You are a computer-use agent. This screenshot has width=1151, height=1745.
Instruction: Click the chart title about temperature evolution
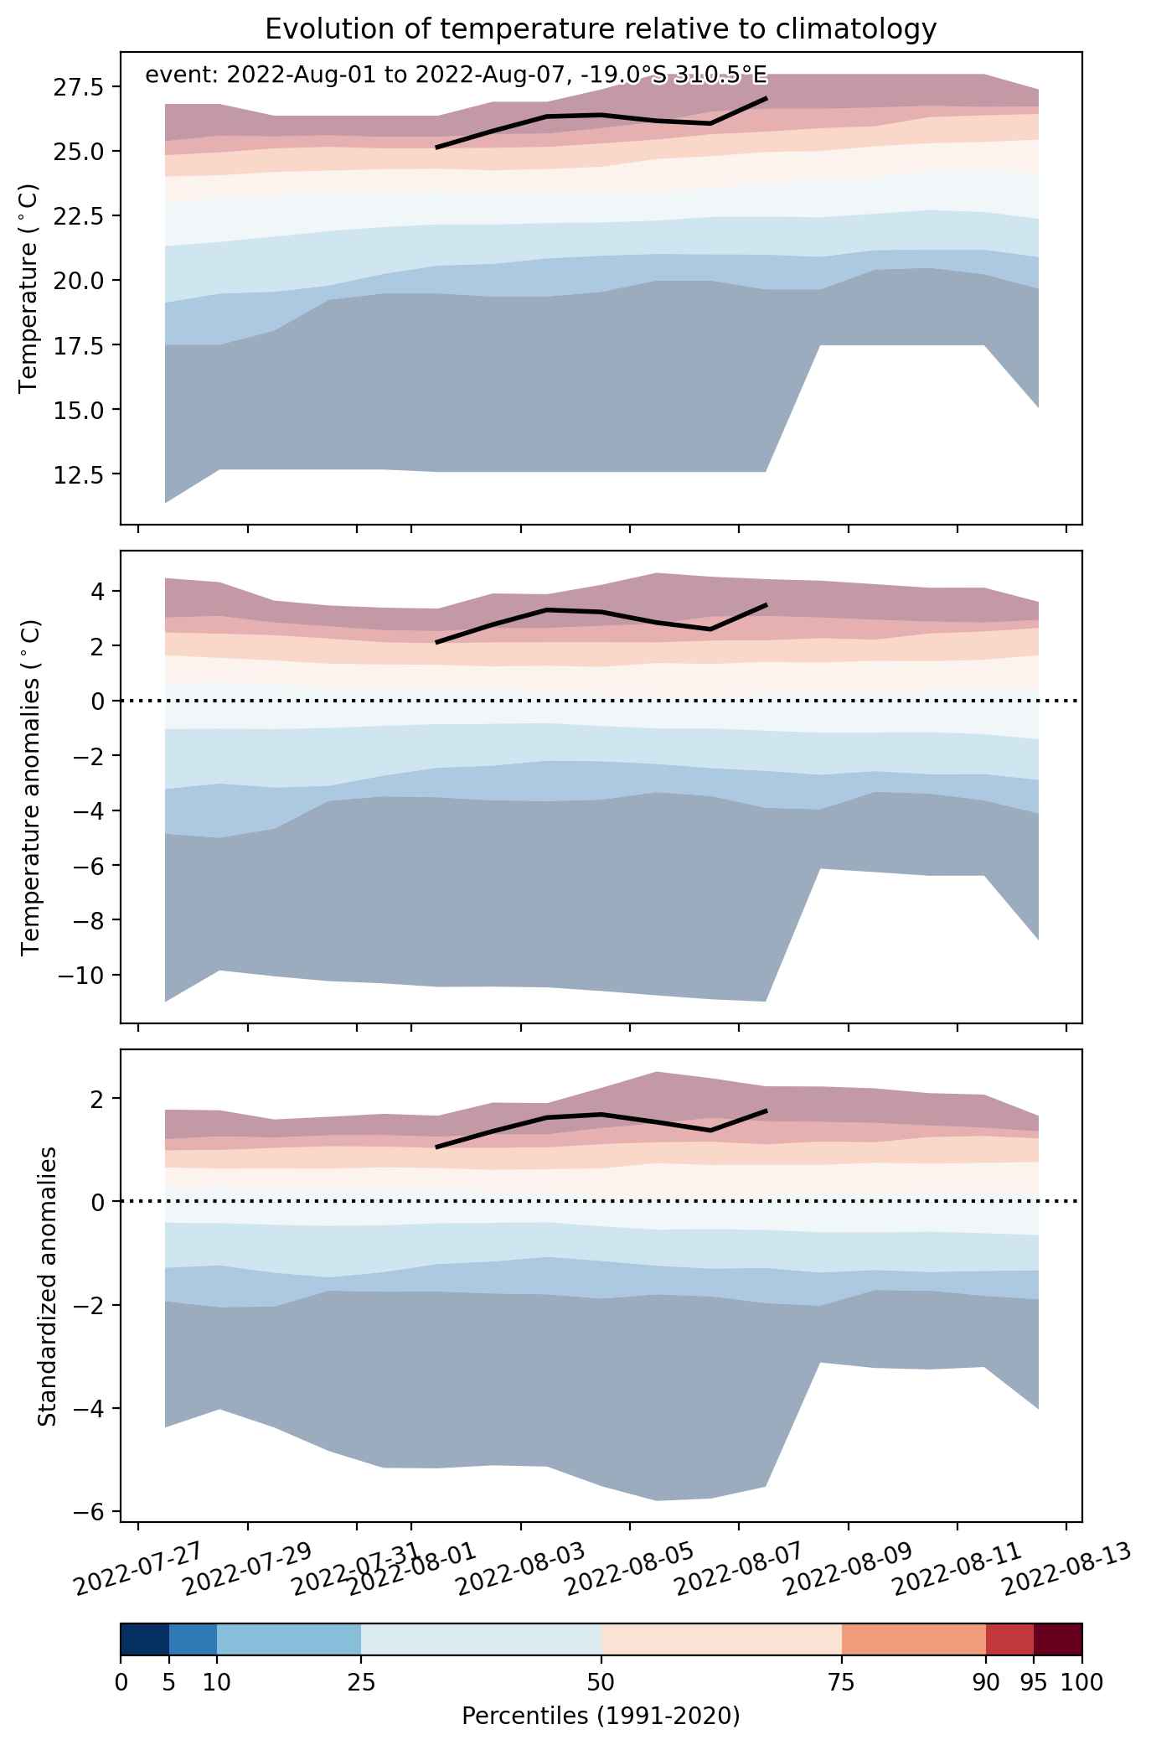coord(600,29)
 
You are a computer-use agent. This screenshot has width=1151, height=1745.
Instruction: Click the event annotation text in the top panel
coord(456,75)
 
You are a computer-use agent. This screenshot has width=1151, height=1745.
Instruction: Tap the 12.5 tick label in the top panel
coord(81,474)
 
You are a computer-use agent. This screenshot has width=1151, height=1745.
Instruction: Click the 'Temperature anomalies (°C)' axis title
coord(30,787)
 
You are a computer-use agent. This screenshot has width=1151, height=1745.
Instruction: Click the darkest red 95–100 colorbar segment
coord(1058,1640)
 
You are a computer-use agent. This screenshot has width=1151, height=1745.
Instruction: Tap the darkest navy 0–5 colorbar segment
coord(145,1640)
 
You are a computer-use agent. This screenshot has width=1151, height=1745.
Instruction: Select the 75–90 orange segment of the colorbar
coord(914,1640)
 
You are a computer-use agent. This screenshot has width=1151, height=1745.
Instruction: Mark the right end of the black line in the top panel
coord(766,98)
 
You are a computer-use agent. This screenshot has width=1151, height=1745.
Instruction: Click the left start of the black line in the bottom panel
coord(436,1147)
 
